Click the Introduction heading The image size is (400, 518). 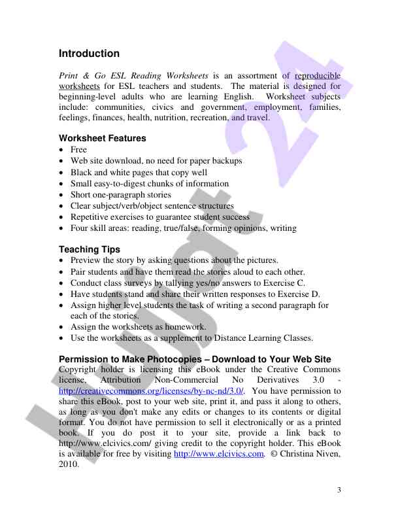[89, 54]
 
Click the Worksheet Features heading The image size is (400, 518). [103, 138]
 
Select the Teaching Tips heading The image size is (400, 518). [90, 249]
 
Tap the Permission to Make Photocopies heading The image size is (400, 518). [195, 359]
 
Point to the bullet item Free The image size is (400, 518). [78, 150]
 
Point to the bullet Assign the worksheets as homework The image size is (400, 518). [138, 326]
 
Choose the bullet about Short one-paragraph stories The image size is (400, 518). [120, 194]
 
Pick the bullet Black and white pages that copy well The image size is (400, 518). [139, 172]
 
